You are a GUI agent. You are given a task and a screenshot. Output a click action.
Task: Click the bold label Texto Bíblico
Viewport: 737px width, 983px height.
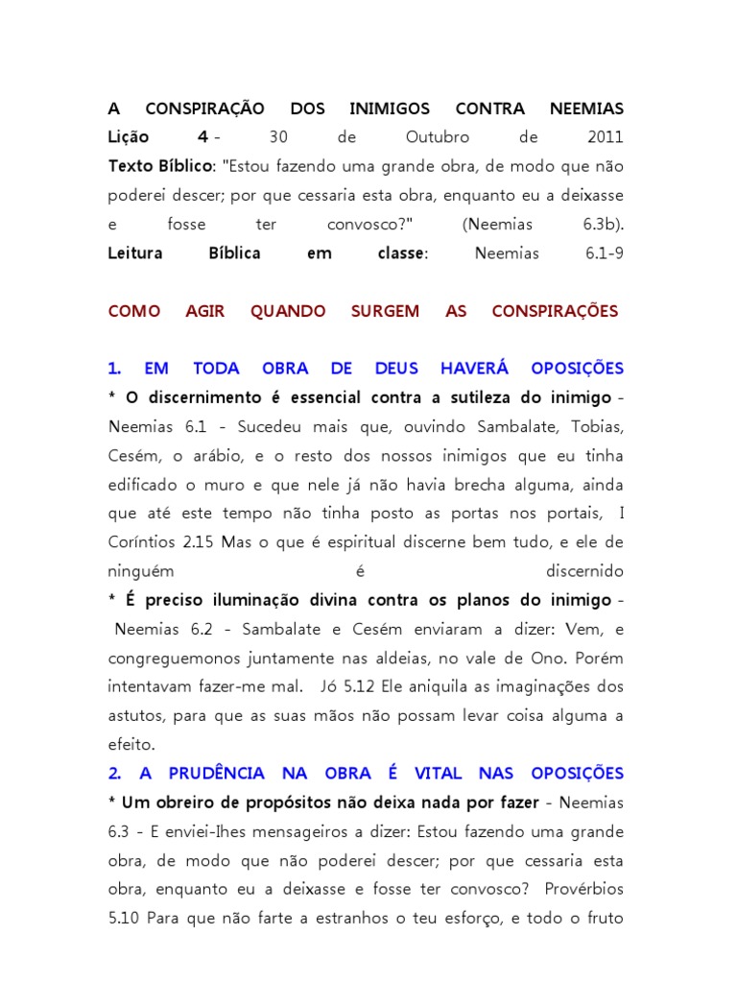[160, 167]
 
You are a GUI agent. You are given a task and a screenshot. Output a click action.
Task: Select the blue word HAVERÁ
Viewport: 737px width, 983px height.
[473, 369]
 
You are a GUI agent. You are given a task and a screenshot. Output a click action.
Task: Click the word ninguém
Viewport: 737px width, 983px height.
[141, 571]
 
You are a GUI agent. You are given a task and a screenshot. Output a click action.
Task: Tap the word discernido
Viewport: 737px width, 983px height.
[584, 571]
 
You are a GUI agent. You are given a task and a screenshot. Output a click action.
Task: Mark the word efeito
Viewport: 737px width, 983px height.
[131, 744]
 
